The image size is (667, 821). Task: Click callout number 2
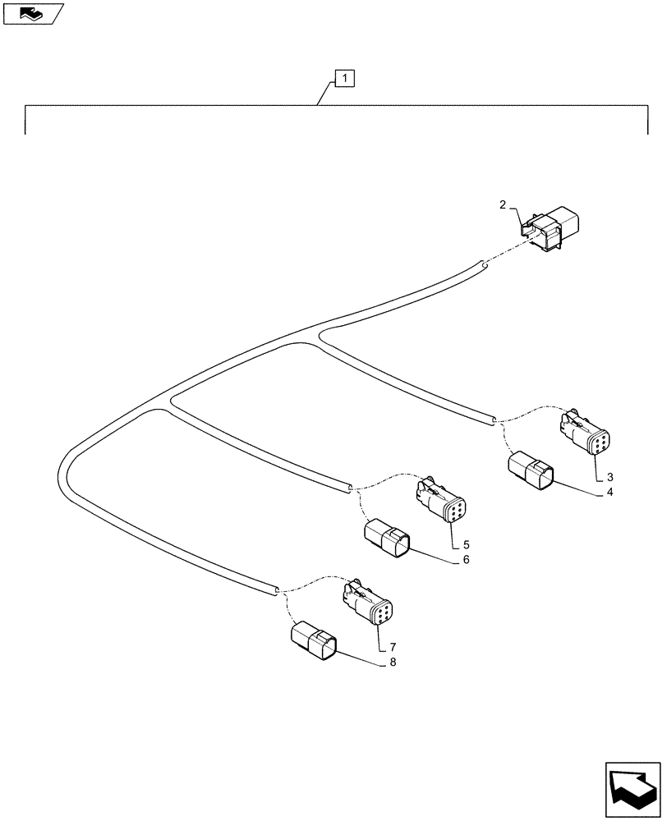[502, 205]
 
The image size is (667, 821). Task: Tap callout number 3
[610, 476]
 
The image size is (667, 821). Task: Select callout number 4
[610, 493]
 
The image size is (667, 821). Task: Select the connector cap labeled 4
[531, 472]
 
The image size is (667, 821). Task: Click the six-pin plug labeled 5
[444, 501]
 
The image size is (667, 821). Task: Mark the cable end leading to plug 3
[493, 420]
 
